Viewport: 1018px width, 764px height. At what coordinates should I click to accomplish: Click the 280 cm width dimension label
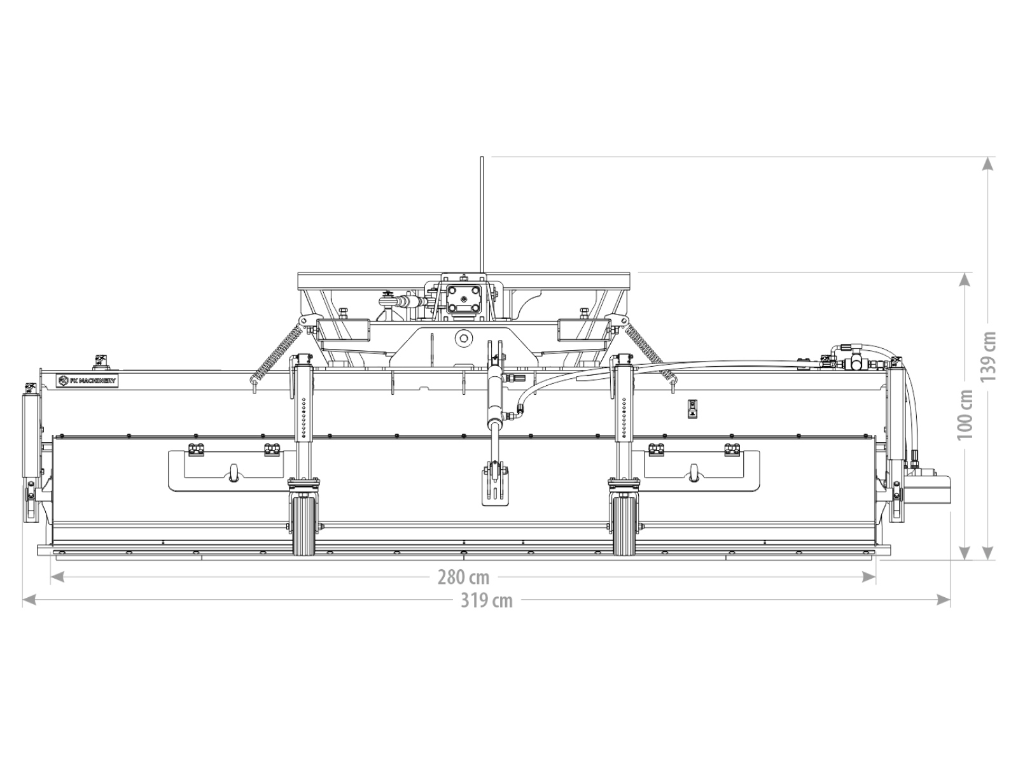[x=463, y=577]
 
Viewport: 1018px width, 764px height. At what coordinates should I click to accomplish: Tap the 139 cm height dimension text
[x=988, y=357]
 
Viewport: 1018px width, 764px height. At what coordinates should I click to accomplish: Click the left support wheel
[x=304, y=526]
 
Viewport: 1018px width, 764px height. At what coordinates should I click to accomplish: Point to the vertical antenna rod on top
[x=482, y=215]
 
